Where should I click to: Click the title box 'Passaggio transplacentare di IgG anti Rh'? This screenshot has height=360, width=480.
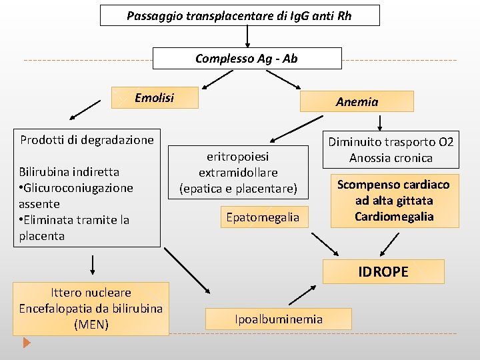pyautogui.click(x=239, y=15)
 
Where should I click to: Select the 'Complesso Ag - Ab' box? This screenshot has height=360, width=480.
pyautogui.click(x=247, y=59)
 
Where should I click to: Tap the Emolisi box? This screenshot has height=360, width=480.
pyautogui.click(x=154, y=98)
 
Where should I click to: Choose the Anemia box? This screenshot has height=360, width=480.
pyautogui.click(x=357, y=101)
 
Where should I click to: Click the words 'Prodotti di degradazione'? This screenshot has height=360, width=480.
pyautogui.click(x=87, y=140)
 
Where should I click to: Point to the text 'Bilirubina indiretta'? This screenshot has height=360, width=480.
pyautogui.click(x=69, y=172)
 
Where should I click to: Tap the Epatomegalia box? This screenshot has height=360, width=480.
pyautogui.click(x=263, y=217)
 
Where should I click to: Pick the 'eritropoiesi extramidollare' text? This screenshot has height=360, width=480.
pyautogui.click(x=238, y=164)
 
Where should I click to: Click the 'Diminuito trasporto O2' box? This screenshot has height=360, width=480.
pyautogui.click(x=391, y=149)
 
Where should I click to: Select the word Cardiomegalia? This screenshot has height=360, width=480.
pyautogui.click(x=393, y=216)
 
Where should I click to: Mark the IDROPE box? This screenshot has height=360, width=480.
pyautogui.click(x=383, y=271)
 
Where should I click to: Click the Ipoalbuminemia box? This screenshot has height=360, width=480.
pyautogui.click(x=279, y=319)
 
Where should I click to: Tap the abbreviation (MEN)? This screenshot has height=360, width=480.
pyautogui.click(x=91, y=325)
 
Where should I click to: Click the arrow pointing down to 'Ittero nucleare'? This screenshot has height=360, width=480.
pyautogui.click(x=92, y=265)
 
